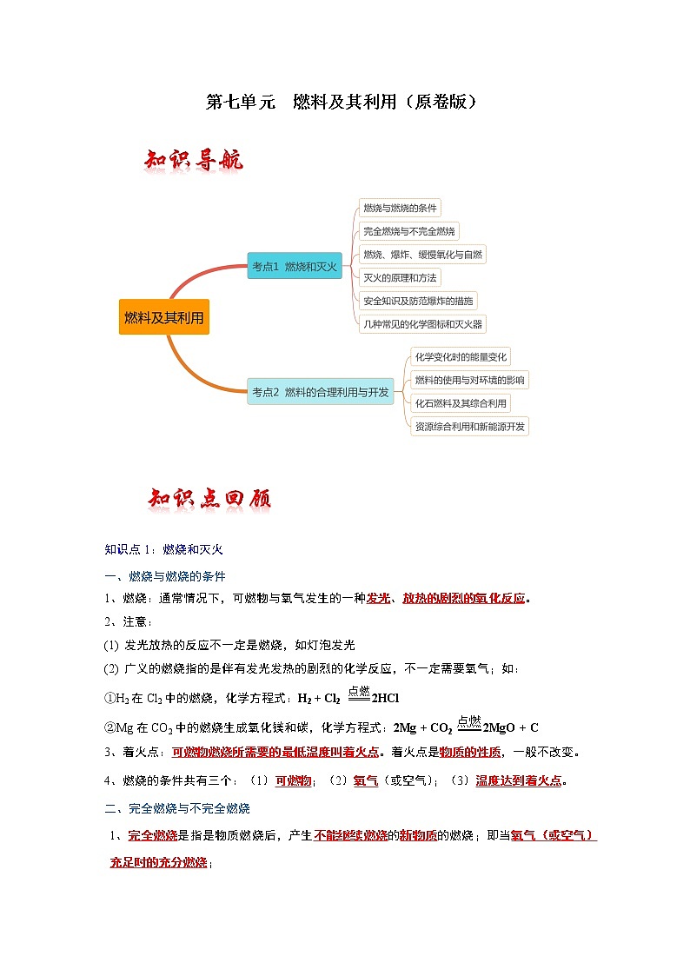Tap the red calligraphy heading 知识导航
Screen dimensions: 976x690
pos(194,161)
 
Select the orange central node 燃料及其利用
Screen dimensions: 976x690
pos(164,317)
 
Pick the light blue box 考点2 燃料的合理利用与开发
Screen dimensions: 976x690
pos(320,392)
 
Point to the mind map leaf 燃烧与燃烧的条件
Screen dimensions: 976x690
pos(401,208)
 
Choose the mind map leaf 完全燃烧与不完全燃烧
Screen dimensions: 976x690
pos(408,231)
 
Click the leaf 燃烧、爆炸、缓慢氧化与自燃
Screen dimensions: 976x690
pos(423,255)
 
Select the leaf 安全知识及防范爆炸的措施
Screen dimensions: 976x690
pos(419,301)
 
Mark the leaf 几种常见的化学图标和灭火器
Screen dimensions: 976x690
pos(423,324)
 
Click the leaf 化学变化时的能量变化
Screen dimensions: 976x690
pos(461,356)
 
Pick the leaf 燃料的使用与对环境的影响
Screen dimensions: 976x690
pos(469,380)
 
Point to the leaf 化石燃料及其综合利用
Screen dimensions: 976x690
pos(461,403)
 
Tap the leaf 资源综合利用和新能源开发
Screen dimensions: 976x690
pos(470,427)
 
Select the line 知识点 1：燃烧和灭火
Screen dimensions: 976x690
pos(164,549)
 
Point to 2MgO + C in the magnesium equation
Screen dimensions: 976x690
pos(511,727)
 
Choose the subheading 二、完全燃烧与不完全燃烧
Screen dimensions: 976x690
pos(177,808)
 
